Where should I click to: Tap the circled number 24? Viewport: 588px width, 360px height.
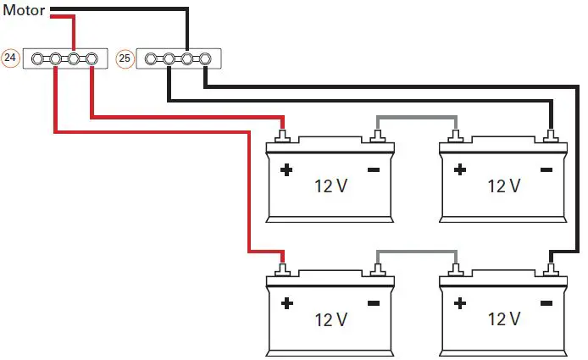11,59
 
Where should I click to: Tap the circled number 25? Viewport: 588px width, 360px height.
125,59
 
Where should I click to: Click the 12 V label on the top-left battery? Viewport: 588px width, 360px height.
330,186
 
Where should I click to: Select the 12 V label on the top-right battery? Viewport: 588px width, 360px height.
503,186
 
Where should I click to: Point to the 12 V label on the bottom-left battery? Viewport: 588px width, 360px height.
330,319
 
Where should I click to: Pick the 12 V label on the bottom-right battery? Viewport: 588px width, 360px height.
503,319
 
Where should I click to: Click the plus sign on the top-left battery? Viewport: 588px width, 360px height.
286,170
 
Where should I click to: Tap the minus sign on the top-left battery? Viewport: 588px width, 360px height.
374,170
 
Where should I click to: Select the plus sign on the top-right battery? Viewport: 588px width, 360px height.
460,170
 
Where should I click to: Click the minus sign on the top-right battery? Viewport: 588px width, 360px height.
546,170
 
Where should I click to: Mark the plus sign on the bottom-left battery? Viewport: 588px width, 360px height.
286,303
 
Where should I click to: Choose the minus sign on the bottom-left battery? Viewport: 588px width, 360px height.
374,303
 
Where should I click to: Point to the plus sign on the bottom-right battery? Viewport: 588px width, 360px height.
460,303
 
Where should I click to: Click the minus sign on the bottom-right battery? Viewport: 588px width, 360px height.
546,303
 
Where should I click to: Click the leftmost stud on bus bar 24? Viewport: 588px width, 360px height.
38,59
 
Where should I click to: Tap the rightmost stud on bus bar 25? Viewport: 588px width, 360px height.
204,59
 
